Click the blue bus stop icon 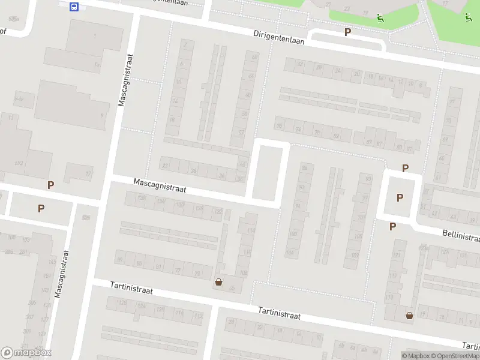pyautogui.click(x=74, y=7)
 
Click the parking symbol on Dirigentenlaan pyautogui.click(x=347, y=32)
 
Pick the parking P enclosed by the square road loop pyautogui.click(x=400, y=197)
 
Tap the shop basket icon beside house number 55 pyautogui.click(x=218, y=282)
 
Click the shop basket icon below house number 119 pyautogui.click(x=409, y=315)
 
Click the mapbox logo pyautogui.click(x=26, y=352)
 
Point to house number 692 pyautogui.click(x=19, y=163)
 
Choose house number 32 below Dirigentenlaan pyautogui.click(x=300, y=64)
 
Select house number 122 pyautogui.click(x=218, y=211)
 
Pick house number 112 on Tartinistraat pyautogui.click(x=197, y=316)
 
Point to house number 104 pyautogui.click(x=290, y=253)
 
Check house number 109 pyautogui.click(x=355, y=256)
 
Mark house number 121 pyautogui.click(x=395, y=257)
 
